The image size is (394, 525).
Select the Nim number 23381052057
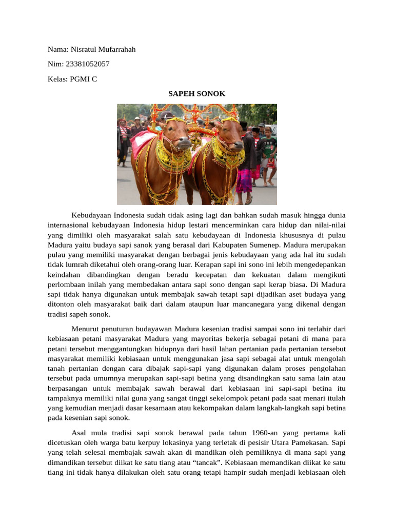tap(88, 64)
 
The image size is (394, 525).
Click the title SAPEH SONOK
tap(197, 94)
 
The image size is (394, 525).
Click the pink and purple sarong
tap(244, 180)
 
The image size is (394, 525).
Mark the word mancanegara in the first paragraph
tap(272, 305)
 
